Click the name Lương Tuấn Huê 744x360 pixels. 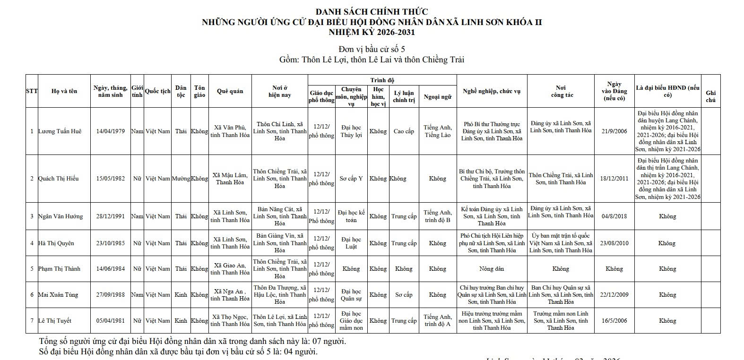click(x=60, y=131)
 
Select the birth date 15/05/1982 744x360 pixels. click(x=110, y=179)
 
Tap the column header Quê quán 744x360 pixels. click(x=230, y=91)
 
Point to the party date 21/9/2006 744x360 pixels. click(x=614, y=131)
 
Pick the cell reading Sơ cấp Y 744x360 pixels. click(x=351, y=179)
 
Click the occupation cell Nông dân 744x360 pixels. click(x=492, y=269)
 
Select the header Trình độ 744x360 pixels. click(x=382, y=80)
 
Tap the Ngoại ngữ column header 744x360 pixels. click(x=437, y=97)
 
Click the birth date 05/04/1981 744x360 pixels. click(x=110, y=321)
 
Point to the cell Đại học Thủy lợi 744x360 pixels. click(x=351, y=131)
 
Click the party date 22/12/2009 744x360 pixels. click(x=614, y=295)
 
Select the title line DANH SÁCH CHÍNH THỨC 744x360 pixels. click(x=372, y=12)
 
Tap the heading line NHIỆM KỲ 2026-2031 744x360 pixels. click(x=372, y=33)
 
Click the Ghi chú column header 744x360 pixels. click(x=710, y=96)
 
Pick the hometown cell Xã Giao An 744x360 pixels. click(x=230, y=269)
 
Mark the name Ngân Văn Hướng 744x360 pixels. click(x=61, y=216)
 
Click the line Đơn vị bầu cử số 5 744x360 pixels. click(x=372, y=49)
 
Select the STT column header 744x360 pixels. click(x=32, y=91)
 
